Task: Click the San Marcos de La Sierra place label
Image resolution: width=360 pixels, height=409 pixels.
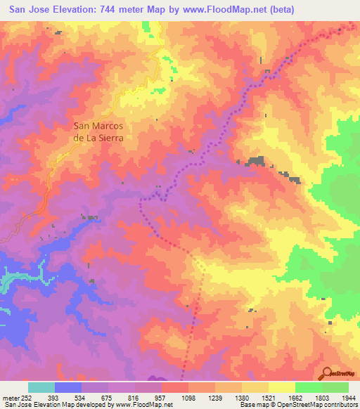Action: coord(98,132)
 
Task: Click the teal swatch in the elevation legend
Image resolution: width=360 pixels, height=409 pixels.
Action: coord(41,387)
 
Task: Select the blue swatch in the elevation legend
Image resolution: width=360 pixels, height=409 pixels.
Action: coord(68,387)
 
